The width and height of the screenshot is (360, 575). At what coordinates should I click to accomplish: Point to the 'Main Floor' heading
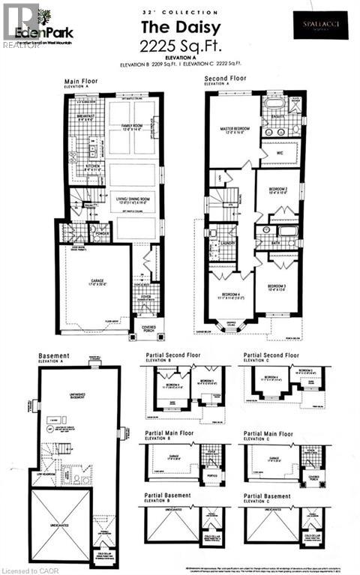click(x=82, y=79)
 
